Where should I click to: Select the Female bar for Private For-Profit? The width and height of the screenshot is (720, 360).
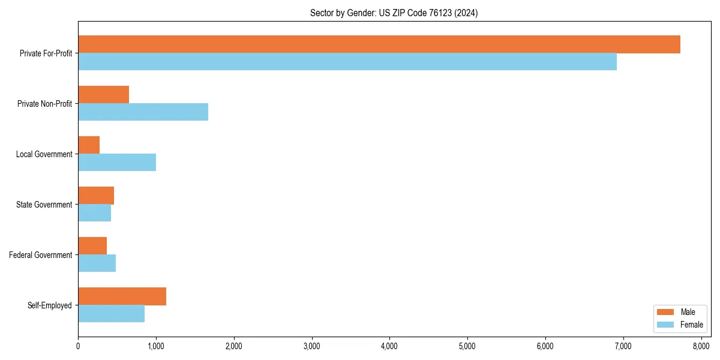347,62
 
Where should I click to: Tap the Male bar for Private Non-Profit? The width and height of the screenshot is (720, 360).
103,95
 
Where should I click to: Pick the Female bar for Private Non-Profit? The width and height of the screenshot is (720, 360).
143,112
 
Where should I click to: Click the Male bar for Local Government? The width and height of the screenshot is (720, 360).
89,145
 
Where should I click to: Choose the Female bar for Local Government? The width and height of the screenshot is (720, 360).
117,163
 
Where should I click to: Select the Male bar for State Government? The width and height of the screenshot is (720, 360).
96,196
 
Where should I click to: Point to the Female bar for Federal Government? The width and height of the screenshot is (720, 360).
97,263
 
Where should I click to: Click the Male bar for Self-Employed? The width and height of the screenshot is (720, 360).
122,296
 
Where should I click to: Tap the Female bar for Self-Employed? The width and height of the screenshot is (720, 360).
111,314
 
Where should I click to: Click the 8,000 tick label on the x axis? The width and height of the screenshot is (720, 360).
701,346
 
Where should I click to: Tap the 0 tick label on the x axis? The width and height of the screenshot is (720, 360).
78,346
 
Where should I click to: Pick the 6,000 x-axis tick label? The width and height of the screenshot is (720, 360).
545,346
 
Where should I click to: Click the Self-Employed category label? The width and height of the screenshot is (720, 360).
50,305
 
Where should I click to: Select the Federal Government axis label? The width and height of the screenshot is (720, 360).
41,255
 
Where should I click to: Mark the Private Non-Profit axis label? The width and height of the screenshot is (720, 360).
44,104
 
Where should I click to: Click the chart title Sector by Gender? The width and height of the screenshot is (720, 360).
394,13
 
